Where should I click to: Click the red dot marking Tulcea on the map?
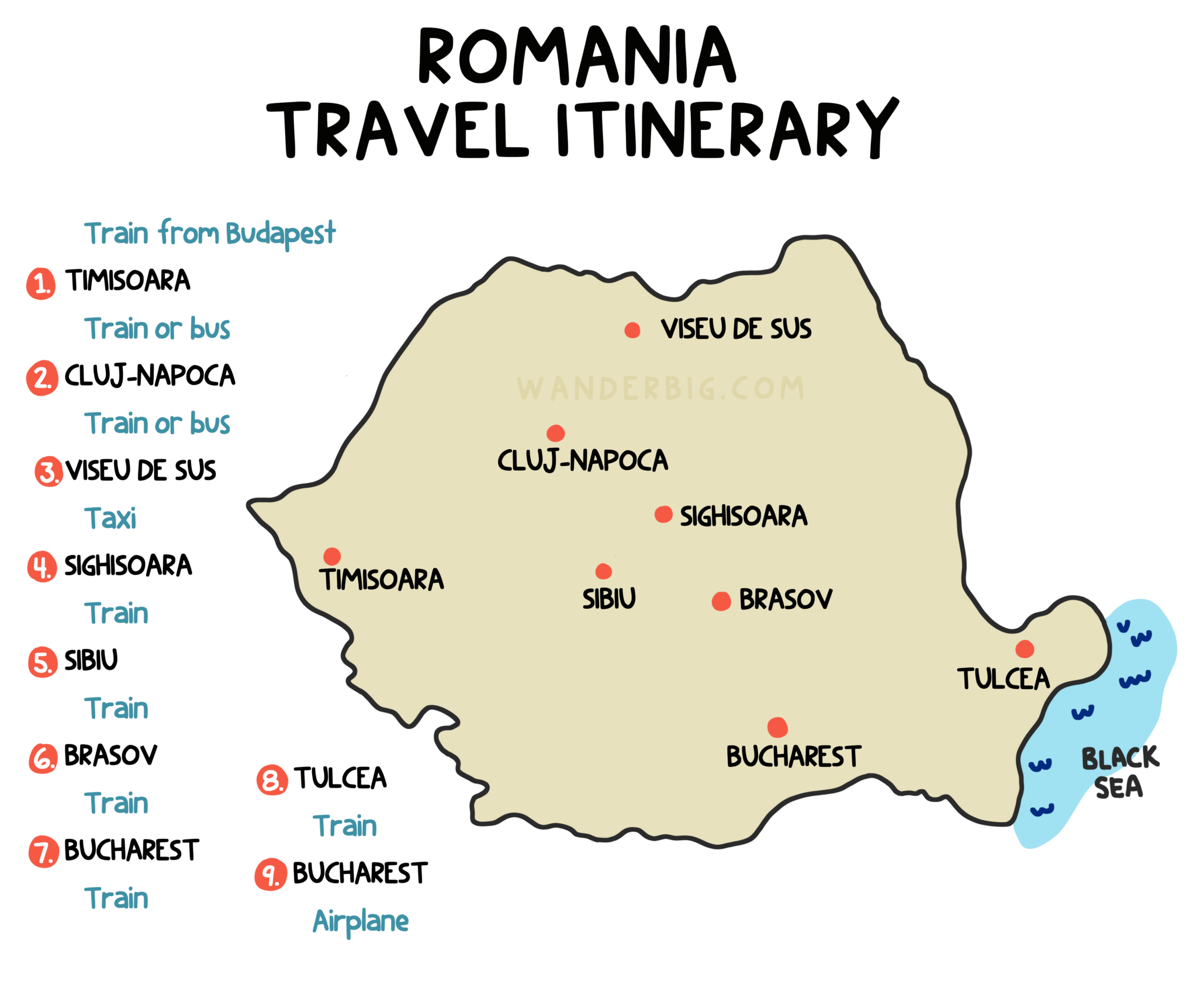click(1024, 648)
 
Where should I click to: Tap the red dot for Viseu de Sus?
click(632, 330)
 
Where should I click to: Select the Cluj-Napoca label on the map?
click(582, 460)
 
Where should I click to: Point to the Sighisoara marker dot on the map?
click(663, 514)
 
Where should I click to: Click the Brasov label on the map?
click(785, 599)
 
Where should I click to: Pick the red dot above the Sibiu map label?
click(603, 571)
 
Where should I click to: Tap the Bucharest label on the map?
click(793, 757)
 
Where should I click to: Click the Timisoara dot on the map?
click(332, 556)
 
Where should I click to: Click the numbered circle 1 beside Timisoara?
click(41, 284)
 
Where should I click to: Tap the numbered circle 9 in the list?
click(270, 875)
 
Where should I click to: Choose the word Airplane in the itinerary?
click(361, 921)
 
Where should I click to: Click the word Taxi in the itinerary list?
click(110, 518)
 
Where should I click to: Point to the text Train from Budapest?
click(210, 234)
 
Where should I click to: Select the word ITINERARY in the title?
click(726, 130)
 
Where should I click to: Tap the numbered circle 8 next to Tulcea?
click(272, 780)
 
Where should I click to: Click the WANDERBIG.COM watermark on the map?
click(660, 388)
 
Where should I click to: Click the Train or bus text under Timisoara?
click(157, 328)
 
